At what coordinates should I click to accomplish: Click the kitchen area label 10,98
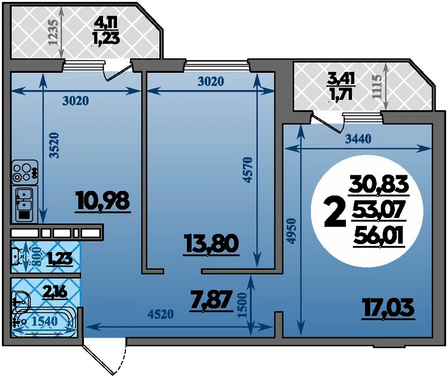click(x=103, y=202)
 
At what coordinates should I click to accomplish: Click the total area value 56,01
click(x=378, y=237)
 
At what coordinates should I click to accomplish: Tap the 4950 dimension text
click(x=291, y=231)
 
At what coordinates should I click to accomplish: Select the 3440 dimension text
click(x=358, y=139)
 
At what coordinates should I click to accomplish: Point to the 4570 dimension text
click(x=247, y=169)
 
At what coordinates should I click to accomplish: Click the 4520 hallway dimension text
click(x=161, y=314)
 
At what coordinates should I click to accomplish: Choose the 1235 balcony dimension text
click(x=54, y=32)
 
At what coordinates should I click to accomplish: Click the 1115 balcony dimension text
click(x=377, y=87)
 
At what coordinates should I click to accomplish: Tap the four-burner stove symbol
click(x=25, y=172)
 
